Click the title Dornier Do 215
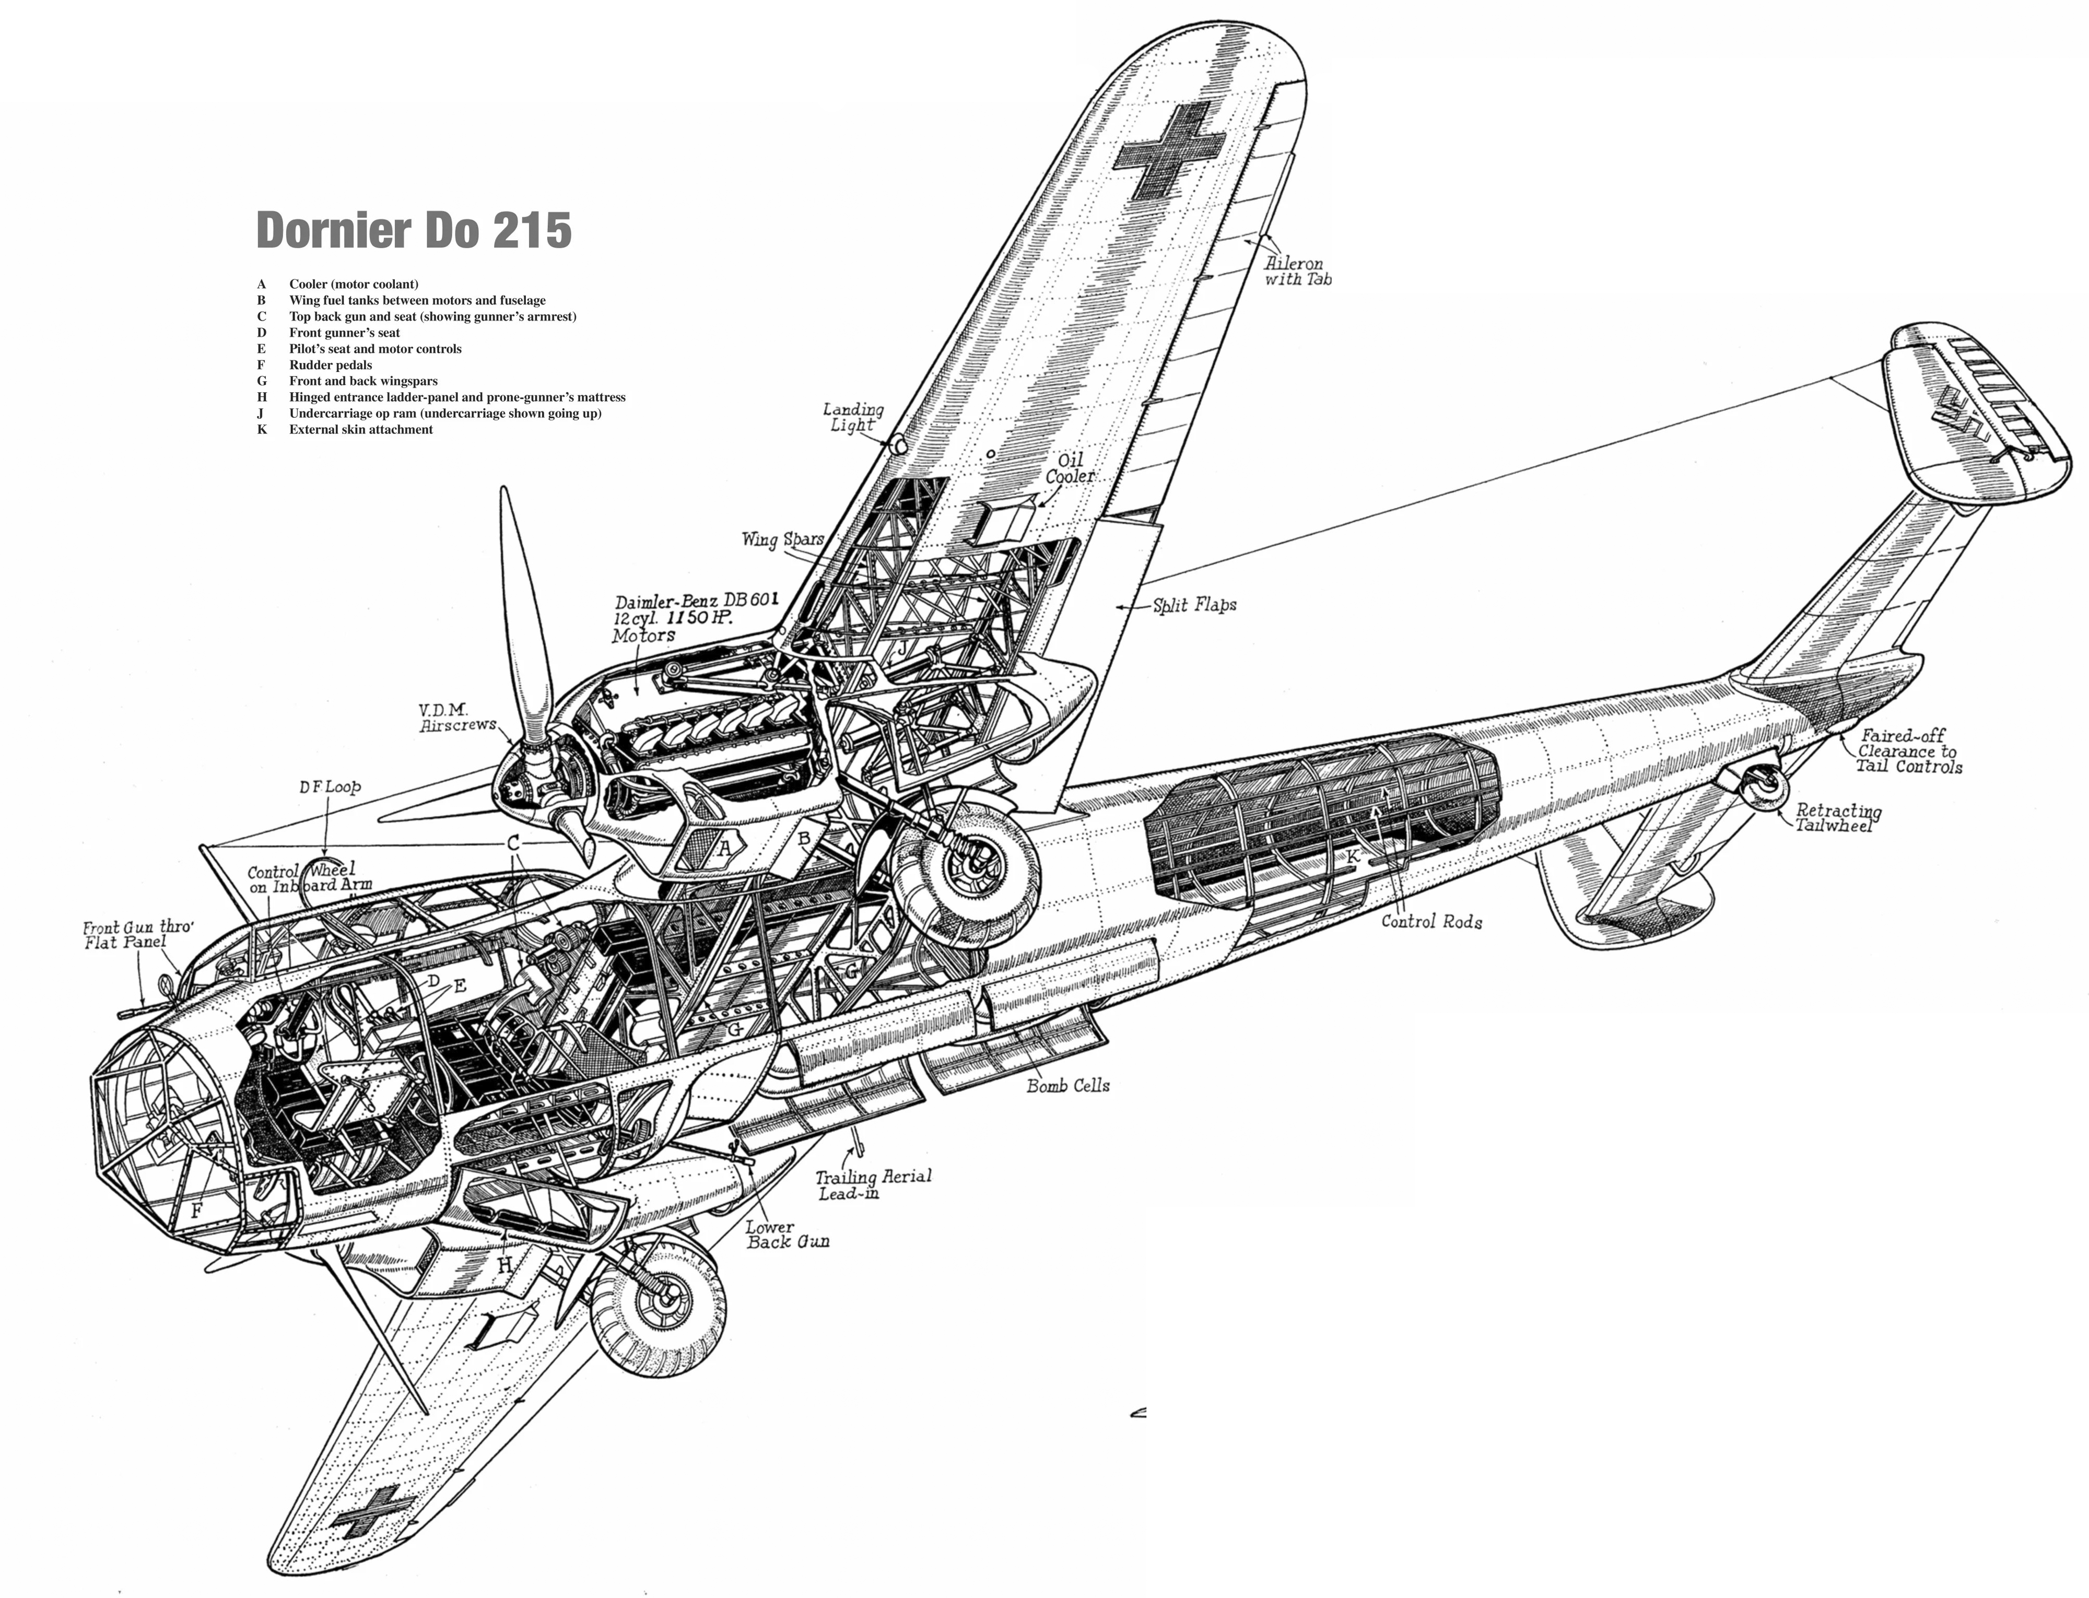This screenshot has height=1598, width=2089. coord(414,230)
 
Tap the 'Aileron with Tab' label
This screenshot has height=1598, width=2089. coord(1298,271)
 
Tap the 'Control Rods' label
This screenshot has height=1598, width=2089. coord(1431,921)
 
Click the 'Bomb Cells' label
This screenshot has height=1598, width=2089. coord(1067,1085)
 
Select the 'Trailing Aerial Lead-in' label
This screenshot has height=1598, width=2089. coord(873,1184)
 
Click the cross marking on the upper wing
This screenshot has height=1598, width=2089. coord(1169,151)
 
